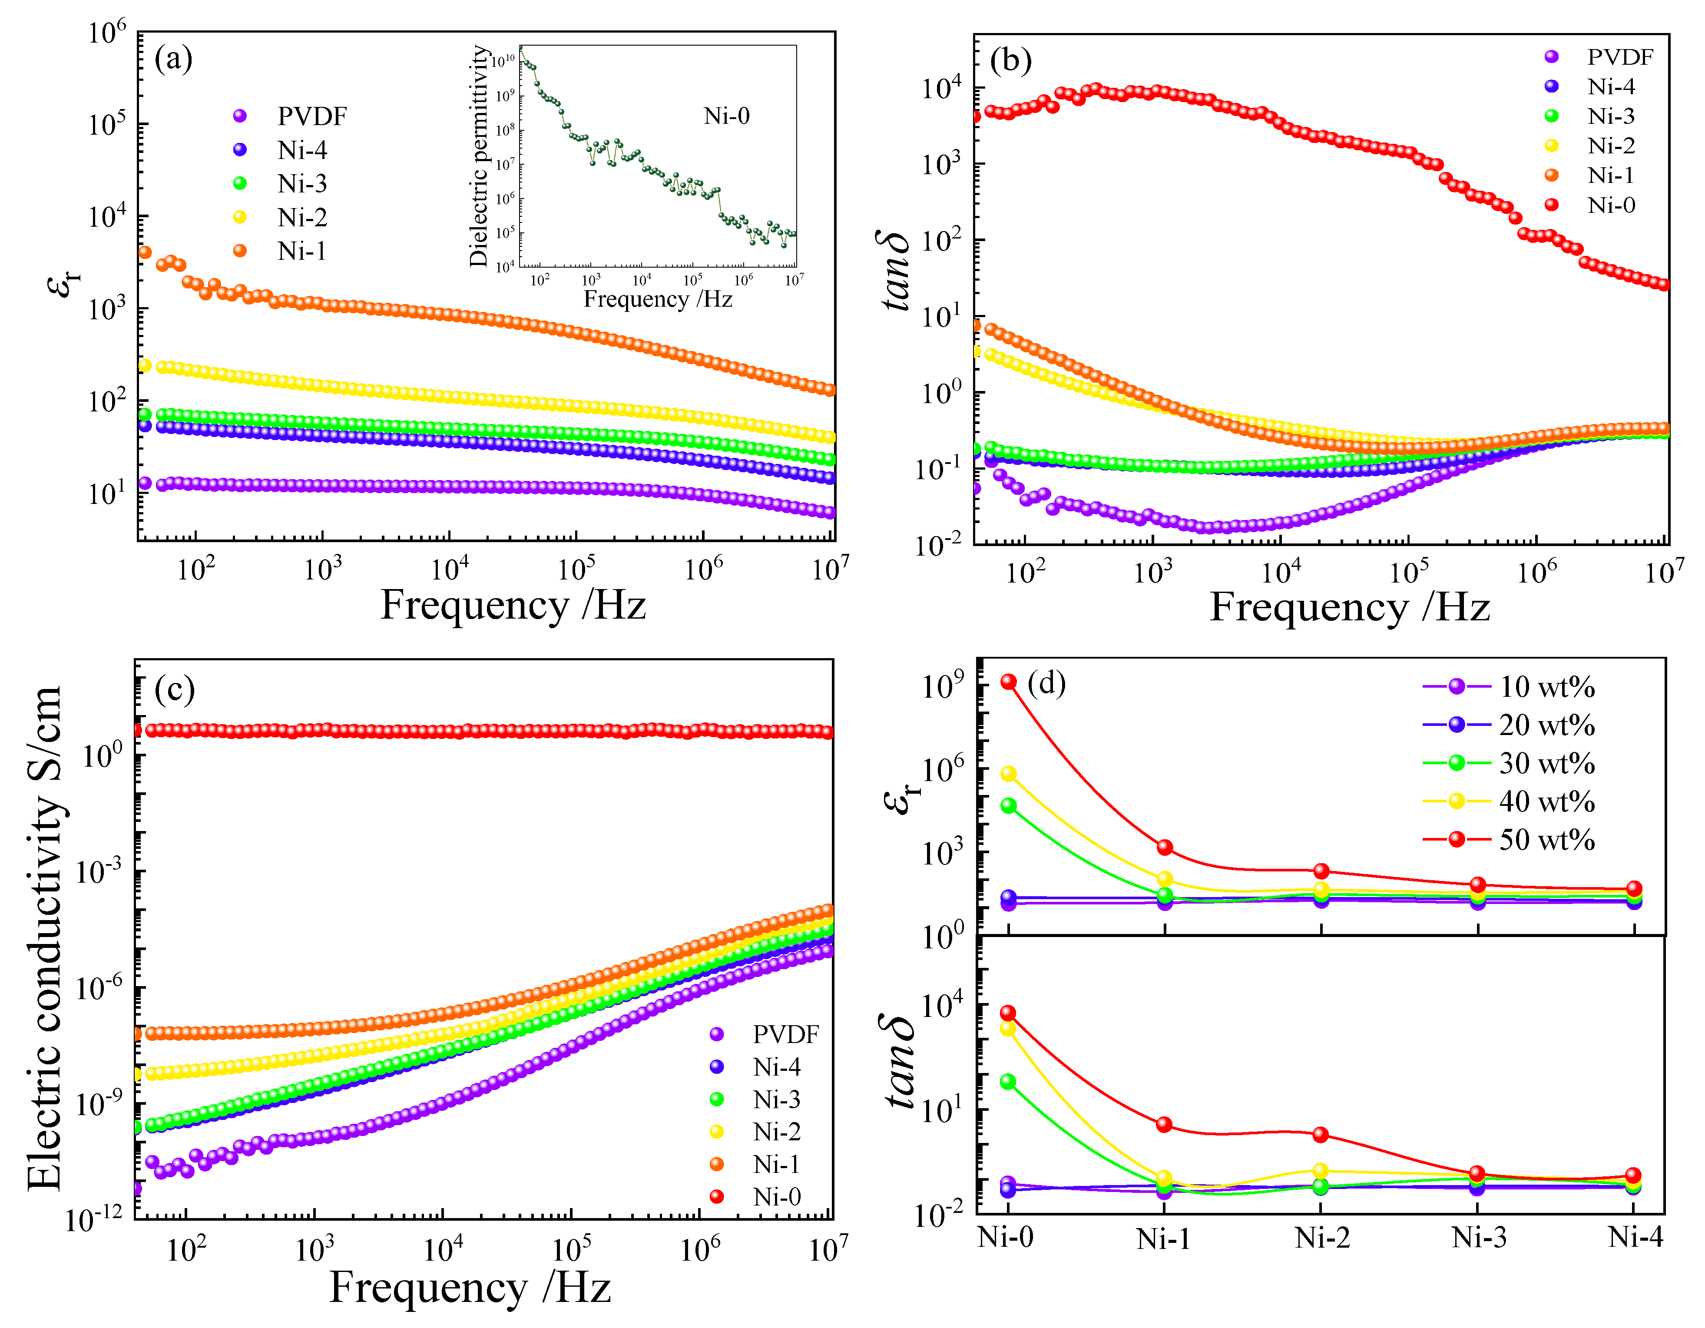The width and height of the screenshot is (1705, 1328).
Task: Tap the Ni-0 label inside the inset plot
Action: pos(726,116)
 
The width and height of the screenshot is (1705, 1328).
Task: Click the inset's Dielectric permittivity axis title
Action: pos(479,156)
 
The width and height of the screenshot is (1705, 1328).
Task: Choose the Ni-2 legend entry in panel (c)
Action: pos(776,1131)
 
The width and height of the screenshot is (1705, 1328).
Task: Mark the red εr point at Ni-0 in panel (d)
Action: pos(1009,682)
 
